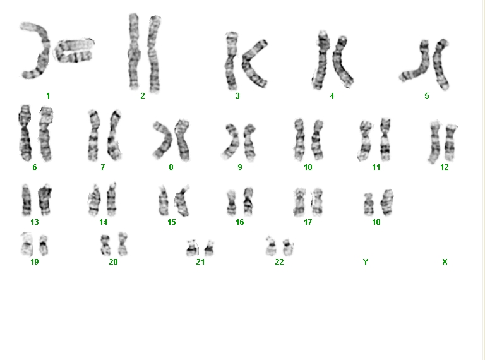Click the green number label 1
click(48, 96)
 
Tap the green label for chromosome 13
click(35, 222)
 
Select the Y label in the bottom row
click(366, 262)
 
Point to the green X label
click(445, 262)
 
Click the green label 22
click(279, 262)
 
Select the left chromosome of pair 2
click(134, 51)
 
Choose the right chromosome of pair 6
click(45, 134)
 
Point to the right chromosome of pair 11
click(385, 140)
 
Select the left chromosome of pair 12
click(434, 142)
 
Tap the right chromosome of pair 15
click(182, 201)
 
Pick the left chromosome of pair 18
click(368, 204)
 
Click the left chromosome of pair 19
click(27, 244)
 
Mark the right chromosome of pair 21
click(210, 248)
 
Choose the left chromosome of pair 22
click(272, 246)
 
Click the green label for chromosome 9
click(240, 167)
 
